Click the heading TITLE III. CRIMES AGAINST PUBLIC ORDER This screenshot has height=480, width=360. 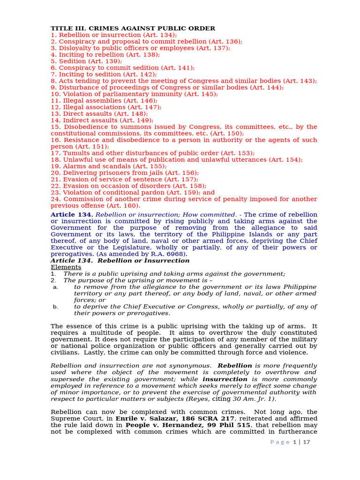(x=133, y=28)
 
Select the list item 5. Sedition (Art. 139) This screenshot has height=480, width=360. (x=86, y=61)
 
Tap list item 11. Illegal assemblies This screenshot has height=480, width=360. (x=104, y=100)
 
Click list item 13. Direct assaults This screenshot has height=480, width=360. (x=99, y=113)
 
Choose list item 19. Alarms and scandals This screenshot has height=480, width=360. (x=108, y=166)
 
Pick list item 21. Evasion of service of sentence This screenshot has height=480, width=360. (x=124, y=179)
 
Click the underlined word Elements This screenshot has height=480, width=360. (x=66, y=267)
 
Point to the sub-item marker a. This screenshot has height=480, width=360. (x=55, y=287)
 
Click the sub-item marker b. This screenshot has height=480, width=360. (x=55, y=307)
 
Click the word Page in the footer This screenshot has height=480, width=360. (x=279, y=442)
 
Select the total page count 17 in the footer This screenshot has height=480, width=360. (x=307, y=442)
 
